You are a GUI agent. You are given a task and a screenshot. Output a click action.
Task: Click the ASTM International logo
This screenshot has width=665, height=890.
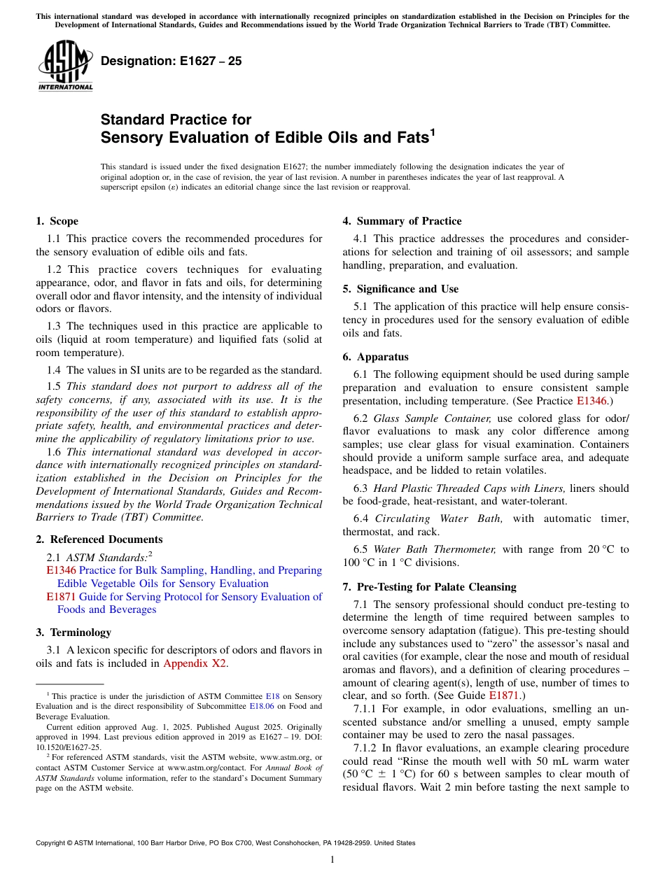pos(64,66)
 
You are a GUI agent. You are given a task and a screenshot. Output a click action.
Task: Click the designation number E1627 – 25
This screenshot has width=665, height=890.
pos(171,61)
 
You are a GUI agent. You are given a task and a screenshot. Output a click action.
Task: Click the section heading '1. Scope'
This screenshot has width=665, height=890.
pos(57,221)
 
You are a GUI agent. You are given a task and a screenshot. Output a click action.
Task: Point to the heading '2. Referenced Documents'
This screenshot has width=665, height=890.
pos(99,539)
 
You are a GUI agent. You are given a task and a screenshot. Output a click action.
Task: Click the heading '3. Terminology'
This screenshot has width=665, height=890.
pos(73,633)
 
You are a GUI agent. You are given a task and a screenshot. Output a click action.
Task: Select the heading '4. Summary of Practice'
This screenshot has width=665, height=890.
pos(402,221)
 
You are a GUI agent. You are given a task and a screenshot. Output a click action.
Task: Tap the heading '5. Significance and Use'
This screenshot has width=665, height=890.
pos(400,289)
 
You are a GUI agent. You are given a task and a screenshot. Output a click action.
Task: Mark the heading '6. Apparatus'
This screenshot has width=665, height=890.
pos(375,357)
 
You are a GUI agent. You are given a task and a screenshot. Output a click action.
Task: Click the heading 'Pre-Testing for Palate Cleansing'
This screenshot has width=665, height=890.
pos(436,587)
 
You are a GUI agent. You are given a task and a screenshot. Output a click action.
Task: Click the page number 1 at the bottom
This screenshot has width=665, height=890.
pos(332,860)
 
